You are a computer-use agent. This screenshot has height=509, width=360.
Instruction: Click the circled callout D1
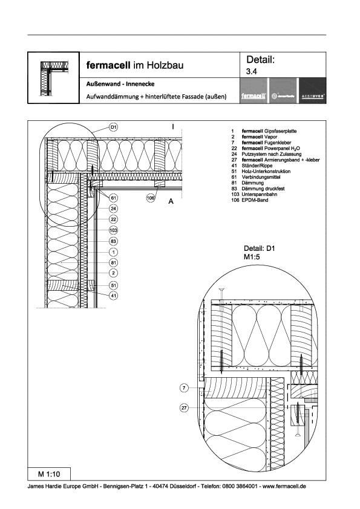[x=114, y=128]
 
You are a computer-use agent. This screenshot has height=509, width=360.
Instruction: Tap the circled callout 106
[x=151, y=197]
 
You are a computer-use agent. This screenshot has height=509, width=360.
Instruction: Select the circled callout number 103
[x=114, y=230]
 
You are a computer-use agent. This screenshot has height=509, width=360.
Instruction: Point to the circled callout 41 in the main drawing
[x=114, y=295]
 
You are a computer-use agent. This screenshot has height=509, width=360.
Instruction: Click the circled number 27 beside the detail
[x=185, y=408]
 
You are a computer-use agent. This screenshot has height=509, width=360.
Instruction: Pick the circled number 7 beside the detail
[x=185, y=387]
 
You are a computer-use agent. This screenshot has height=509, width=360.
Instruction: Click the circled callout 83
[x=114, y=241]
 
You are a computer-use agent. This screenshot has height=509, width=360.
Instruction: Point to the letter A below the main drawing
[x=171, y=203]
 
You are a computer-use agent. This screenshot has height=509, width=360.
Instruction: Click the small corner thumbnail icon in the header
[x=54, y=77]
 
